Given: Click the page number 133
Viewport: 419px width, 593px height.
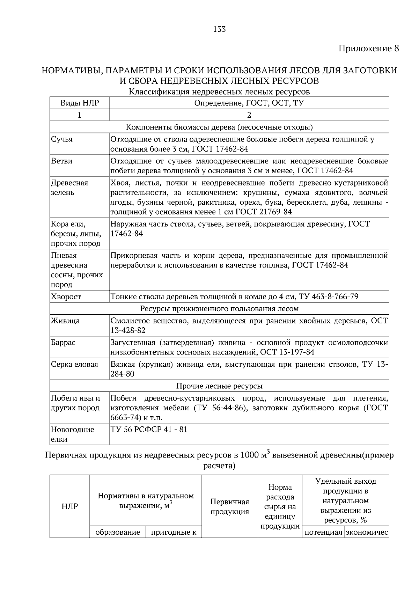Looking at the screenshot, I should (219, 29).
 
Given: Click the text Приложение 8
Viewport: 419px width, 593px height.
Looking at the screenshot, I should (368, 49).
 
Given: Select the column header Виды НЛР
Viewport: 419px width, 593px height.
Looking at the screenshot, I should (80, 103).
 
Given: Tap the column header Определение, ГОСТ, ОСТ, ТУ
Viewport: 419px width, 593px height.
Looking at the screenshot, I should (249, 103).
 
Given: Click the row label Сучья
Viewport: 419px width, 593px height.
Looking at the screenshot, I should (62, 139).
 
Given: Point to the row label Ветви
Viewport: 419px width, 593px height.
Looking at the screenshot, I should (62, 161).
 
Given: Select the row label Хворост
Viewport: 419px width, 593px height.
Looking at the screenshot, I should (66, 296).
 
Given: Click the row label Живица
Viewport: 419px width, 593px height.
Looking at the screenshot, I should (65, 321).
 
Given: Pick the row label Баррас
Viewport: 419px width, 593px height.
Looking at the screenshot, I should (63, 342).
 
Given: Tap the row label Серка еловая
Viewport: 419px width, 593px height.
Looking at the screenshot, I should (74, 364).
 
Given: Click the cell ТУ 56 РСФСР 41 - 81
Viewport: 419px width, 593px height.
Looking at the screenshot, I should (149, 429).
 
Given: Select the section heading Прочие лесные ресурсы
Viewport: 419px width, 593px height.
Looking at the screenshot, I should (219, 386).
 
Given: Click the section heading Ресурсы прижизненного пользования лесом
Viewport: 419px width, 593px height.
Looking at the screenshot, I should (219, 309).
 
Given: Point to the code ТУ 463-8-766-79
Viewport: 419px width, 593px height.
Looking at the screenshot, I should (328, 297).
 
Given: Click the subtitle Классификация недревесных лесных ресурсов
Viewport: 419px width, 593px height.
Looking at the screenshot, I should (219, 92).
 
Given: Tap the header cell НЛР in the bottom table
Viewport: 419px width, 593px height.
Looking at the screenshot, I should (70, 506).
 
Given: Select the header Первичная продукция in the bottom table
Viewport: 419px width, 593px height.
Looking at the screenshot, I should (229, 506).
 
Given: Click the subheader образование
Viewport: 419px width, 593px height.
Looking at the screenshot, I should (118, 532).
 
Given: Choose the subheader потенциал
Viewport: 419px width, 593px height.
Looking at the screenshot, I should (323, 533).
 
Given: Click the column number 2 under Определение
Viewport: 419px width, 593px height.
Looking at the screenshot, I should (249, 115).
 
